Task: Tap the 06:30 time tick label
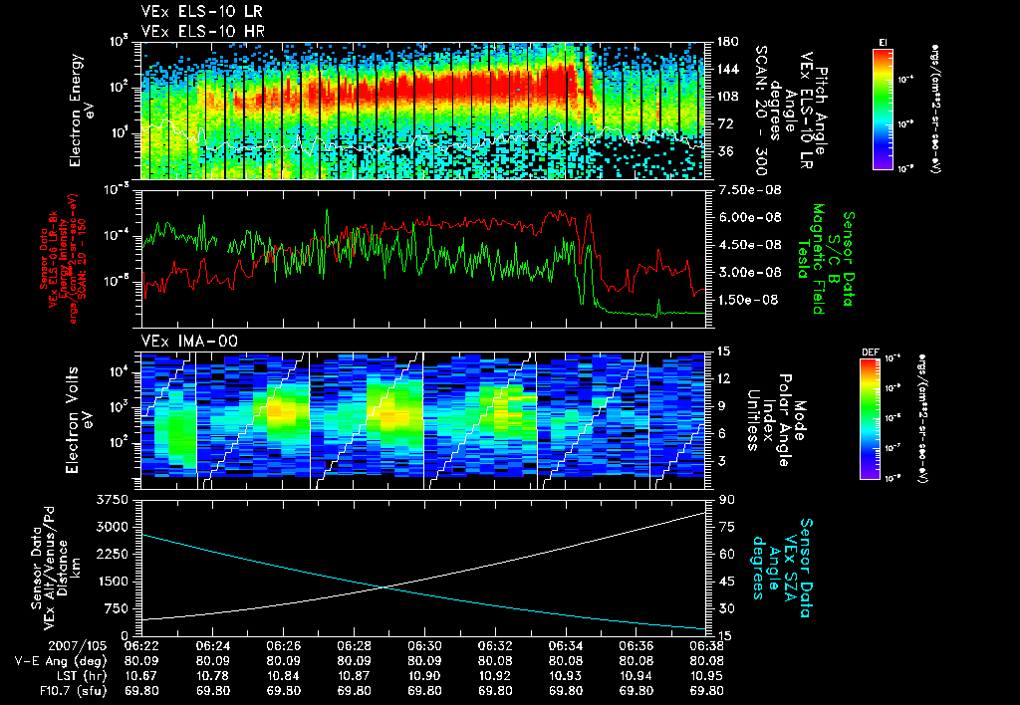pyautogui.click(x=425, y=645)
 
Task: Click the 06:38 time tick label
pyautogui.click(x=707, y=645)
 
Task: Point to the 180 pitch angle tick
pyautogui.click(x=726, y=41)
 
